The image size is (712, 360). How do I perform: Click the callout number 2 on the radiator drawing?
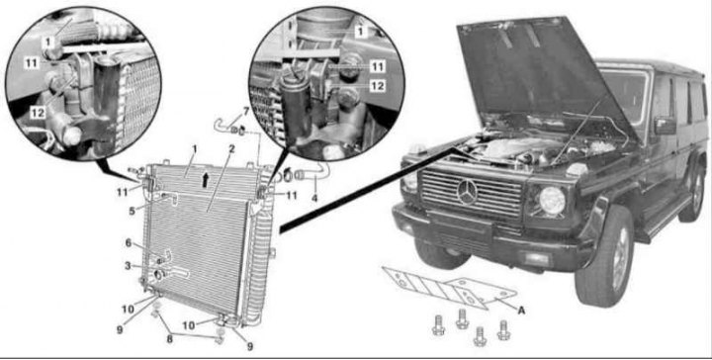229,151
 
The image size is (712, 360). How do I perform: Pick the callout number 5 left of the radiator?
131,210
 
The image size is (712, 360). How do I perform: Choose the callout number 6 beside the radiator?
128,242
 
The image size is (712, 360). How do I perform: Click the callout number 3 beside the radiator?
128,265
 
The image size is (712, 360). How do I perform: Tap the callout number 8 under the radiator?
169,337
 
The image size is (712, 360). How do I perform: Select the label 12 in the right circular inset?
377,86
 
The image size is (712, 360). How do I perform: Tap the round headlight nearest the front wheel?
551,201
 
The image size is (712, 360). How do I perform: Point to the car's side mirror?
664,126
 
